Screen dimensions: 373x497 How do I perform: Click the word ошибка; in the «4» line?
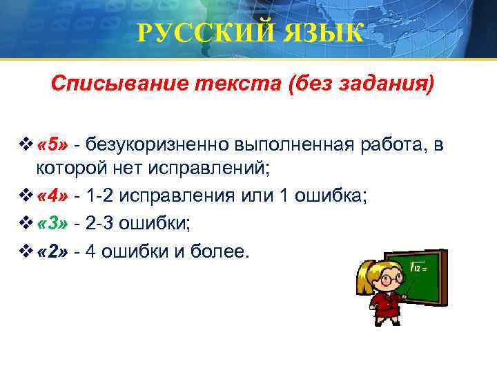(x=333, y=197)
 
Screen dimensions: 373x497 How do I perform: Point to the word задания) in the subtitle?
(x=391, y=84)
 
